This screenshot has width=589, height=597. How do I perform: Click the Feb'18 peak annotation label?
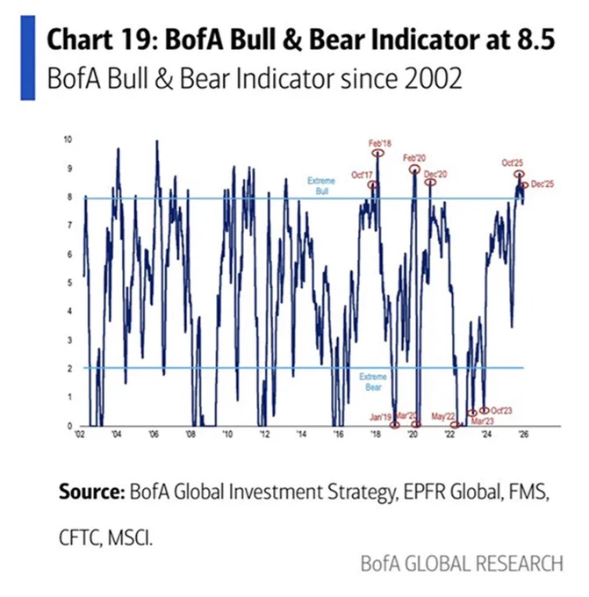click(x=378, y=142)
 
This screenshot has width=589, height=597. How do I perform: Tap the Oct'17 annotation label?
click(x=362, y=174)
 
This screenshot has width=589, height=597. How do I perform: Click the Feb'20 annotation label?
click(x=415, y=156)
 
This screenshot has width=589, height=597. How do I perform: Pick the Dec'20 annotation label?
click(x=436, y=174)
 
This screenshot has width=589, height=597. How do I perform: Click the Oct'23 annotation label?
click(x=500, y=410)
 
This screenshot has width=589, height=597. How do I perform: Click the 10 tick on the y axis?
click(x=68, y=140)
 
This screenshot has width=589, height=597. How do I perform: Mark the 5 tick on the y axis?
click(x=70, y=283)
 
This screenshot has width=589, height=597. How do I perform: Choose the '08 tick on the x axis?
click(x=190, y=435)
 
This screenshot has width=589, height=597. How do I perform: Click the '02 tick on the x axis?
click(x=80, y=435)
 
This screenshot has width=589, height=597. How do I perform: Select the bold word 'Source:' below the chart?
click(x=90, y=492)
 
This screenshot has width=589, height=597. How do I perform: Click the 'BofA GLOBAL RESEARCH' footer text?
click(x=462, y=563)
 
